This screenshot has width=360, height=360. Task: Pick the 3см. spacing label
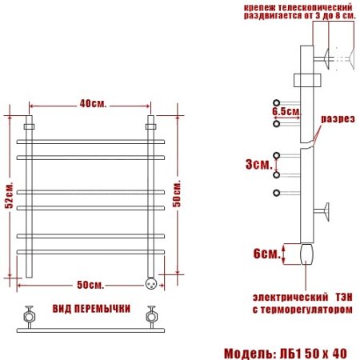click(x=258, y=165)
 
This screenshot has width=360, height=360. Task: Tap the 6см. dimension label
click(x=266, y=254)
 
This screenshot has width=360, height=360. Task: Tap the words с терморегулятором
click(x=302, y=307)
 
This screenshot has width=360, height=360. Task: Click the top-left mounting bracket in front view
click(x=30, y=126)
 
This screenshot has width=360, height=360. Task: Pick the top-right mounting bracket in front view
click(x=150, y=126)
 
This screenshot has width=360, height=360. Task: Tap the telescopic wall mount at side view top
click(x=327, y=58)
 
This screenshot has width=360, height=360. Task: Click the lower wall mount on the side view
click(x=326, y=211)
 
